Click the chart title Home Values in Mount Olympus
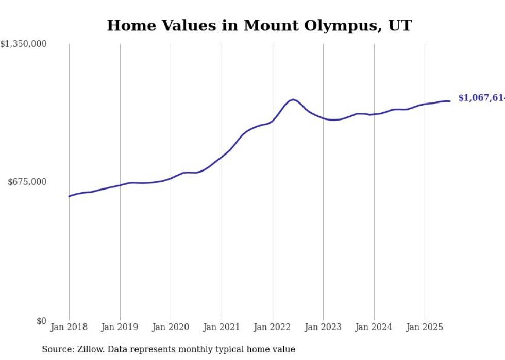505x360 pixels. point(259,25)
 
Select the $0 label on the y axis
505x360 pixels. point(41,321)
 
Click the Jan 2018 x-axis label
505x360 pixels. point(69,327)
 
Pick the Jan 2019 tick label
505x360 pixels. point(120,327)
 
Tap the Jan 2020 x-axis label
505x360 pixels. point(171,327)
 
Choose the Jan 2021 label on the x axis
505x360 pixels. point(222,327)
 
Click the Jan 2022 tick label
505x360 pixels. point(273,327)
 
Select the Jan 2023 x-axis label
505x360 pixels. point(323,327)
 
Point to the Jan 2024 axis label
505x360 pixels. point(374,327)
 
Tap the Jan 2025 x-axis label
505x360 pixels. point(425,327)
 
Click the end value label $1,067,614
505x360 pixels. point(481,98)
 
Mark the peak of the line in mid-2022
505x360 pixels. point(293,99)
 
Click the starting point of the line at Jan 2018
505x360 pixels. point(69,196)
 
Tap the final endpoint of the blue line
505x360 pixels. point(450,101)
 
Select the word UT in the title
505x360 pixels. point(400,25)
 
